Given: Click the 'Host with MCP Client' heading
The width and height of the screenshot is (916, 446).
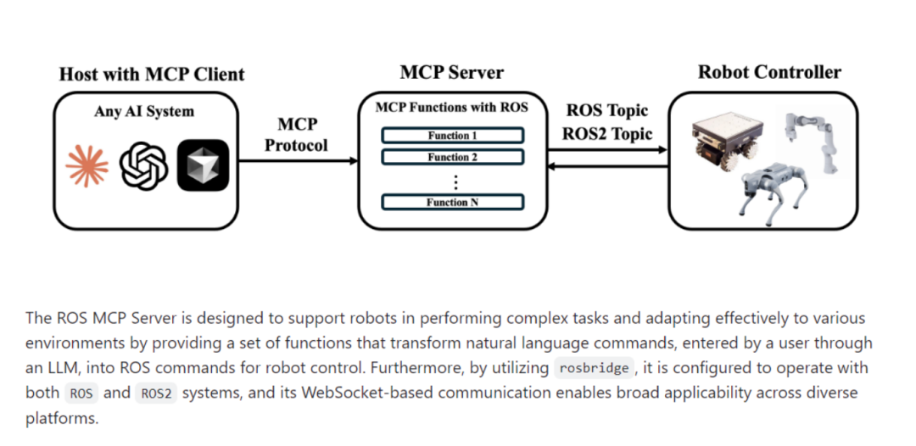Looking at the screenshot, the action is point(152,75).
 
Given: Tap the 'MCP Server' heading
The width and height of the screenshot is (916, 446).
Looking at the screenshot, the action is point(451,72).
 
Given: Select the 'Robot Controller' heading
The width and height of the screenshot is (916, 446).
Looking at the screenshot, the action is point(770,72).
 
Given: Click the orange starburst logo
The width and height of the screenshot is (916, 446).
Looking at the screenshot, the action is point(87,166).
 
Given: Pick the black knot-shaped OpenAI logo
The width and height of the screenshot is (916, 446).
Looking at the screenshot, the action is point(143,166).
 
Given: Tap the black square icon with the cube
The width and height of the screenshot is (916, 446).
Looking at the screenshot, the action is point(203,165).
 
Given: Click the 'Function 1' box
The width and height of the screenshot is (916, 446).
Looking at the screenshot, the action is point(453,136).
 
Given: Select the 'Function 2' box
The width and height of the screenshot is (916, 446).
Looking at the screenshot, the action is point(453,157).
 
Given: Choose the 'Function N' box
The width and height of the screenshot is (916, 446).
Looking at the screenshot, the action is point(453,203).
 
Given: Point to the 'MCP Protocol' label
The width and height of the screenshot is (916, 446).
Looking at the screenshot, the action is point(297,135).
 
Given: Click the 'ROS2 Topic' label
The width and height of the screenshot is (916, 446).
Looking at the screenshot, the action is point(607,134).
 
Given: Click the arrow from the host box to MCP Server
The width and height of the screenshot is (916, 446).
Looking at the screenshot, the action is point(298,160).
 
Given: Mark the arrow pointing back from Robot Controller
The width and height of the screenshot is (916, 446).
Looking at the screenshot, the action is point(607,167).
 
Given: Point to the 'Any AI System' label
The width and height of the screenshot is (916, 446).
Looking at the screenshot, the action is point(143,112).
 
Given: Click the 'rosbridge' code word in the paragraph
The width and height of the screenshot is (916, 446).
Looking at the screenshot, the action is point(594,368).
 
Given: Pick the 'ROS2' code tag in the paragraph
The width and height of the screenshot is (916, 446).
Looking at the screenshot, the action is point(156,393).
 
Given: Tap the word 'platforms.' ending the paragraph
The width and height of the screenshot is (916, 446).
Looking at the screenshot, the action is point(62,419).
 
